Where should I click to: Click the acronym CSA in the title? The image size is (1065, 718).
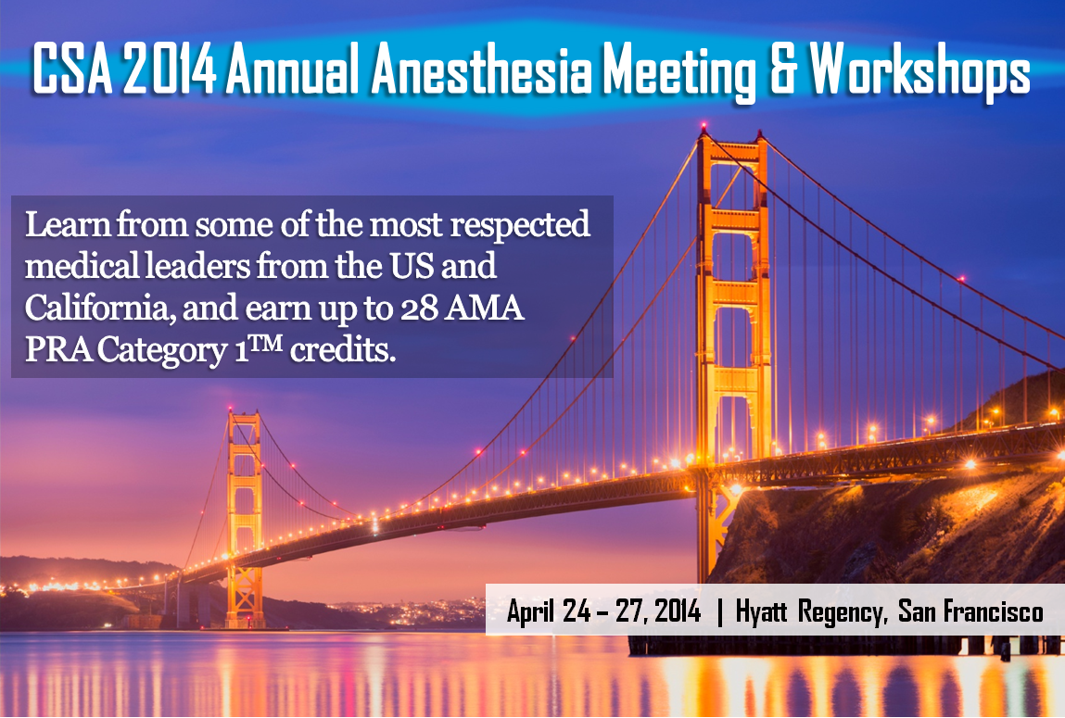pos(72,69)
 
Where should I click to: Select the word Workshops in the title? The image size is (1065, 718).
pos(920,71)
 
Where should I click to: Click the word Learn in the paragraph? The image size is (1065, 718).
pos(68,224)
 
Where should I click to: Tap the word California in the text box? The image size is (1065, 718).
pos(95,309)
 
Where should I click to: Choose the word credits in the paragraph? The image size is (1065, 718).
pos(342,350)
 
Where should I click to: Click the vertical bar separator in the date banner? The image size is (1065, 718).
pos(720,612)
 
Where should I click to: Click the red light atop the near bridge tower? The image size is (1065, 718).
pos(704,126)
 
